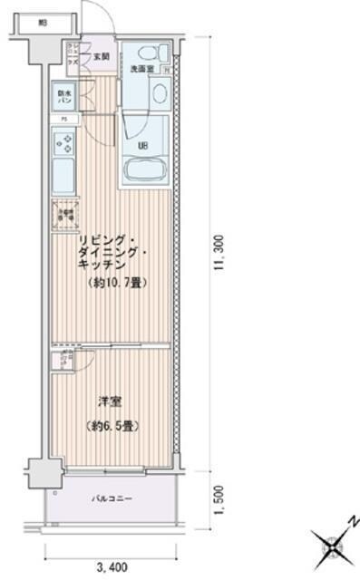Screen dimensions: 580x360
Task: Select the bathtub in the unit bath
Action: pyautogui.click(x=143, y=170)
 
